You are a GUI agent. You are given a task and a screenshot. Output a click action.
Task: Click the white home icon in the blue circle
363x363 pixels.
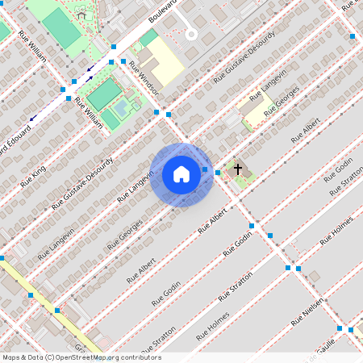pyautogui.click(x=181, y=174)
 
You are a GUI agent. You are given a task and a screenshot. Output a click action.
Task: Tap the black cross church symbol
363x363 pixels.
pyautogui.click(x=237, y=169)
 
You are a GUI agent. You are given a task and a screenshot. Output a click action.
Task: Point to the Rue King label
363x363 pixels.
pyautogui.click(x=33, y=174)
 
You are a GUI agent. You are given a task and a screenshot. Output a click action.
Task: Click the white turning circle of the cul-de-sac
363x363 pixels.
pyautogui.click(x=191, y=35)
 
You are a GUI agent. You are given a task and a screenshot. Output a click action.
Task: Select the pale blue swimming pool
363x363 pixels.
pyautogui.click(x=121, y=106)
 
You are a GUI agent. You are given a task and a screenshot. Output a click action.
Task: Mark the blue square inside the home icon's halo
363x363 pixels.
pyautogui.click(x=205, y=169)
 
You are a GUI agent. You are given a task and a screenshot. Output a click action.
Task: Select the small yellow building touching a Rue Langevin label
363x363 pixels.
pyautogui.click(x=256, y=111)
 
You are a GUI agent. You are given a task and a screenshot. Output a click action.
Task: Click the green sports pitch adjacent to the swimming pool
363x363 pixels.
pyautogui.click(x=102, y=94)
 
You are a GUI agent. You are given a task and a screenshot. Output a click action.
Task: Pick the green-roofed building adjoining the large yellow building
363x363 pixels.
pyautogui.click(x=148, y=37)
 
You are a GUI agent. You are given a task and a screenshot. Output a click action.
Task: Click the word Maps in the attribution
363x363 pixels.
pyautogui.click(x=12, y=357)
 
